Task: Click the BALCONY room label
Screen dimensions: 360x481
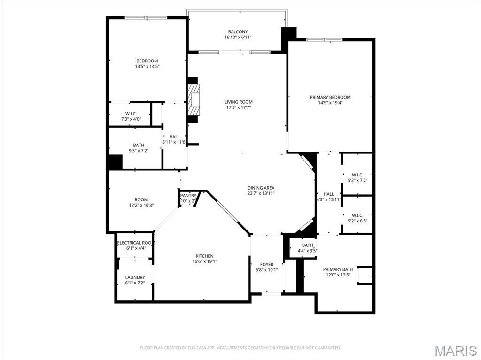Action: click(238, 32)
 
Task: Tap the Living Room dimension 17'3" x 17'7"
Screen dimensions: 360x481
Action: click(238, 107)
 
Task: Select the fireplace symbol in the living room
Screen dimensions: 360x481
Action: click(194, 100)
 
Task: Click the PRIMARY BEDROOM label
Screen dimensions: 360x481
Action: click(330, 97)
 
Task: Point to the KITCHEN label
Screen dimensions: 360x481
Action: click(204, 256)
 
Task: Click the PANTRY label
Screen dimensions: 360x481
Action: click(188, 195)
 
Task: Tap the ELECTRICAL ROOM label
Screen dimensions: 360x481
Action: click(136, 243)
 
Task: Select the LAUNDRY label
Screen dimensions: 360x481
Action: click(135, 277)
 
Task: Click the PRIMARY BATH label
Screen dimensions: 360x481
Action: click(338, 269)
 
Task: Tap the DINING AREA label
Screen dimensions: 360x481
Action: click(261, 188)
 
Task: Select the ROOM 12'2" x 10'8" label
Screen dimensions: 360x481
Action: click(141, 202)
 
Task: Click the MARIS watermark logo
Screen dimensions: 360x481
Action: click(456, 350)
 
